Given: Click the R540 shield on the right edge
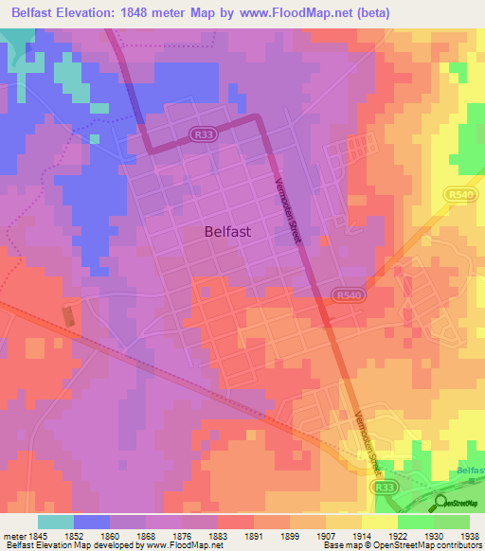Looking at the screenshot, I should [458, 193].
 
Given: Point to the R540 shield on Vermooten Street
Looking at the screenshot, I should [347, 296].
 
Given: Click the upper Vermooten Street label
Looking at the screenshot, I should [287, 211].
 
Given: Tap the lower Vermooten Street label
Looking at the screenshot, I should [358, 436].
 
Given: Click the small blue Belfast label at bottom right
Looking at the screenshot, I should [469, 471].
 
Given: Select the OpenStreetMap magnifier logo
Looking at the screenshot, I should [441, 502].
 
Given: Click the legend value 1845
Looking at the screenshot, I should [37, 535].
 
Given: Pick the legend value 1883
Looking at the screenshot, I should [217, 535].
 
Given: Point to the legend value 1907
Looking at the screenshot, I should [325, 535].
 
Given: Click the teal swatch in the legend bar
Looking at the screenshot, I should [55, 522].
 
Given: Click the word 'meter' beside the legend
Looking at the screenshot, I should [13, 535].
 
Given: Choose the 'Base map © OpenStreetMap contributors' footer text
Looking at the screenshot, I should [402, 545].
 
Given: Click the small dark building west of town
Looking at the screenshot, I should [67, 314].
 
